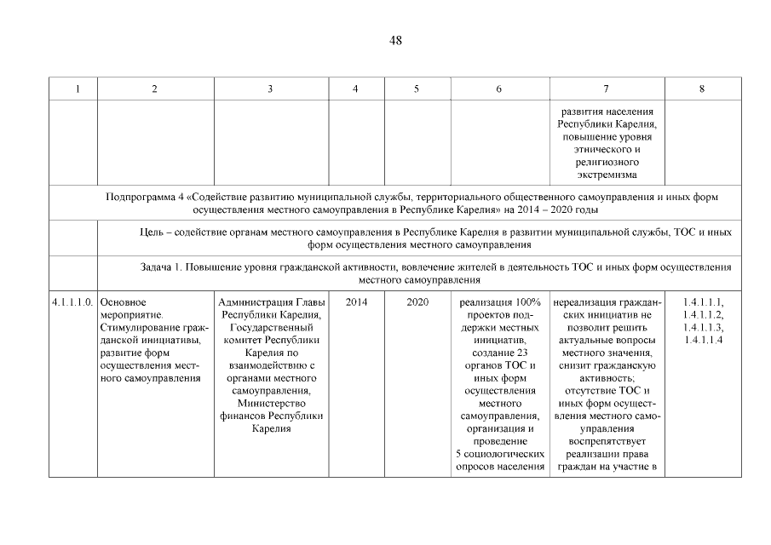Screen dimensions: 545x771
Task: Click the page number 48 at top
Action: (x=395, y=40)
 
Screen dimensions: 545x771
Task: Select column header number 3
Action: (x=270, y=89)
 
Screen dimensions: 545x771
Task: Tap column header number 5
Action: (x=417, y=89)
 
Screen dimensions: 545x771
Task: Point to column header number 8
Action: (x=702, y=89)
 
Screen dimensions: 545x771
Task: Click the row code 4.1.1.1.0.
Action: (x=72, y=301)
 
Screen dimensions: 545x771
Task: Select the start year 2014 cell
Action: (x=356, y=301)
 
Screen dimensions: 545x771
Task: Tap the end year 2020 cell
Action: (x=417, y=301)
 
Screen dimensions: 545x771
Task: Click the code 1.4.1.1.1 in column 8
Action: (x=702, y=301)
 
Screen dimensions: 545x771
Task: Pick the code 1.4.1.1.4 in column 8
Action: (x=702, y=341)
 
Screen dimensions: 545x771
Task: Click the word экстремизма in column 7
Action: (x=607, y=175)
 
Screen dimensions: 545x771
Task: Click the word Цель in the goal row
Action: (x=151, y=232)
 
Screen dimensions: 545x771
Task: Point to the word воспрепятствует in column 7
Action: (x=607, y=441)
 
